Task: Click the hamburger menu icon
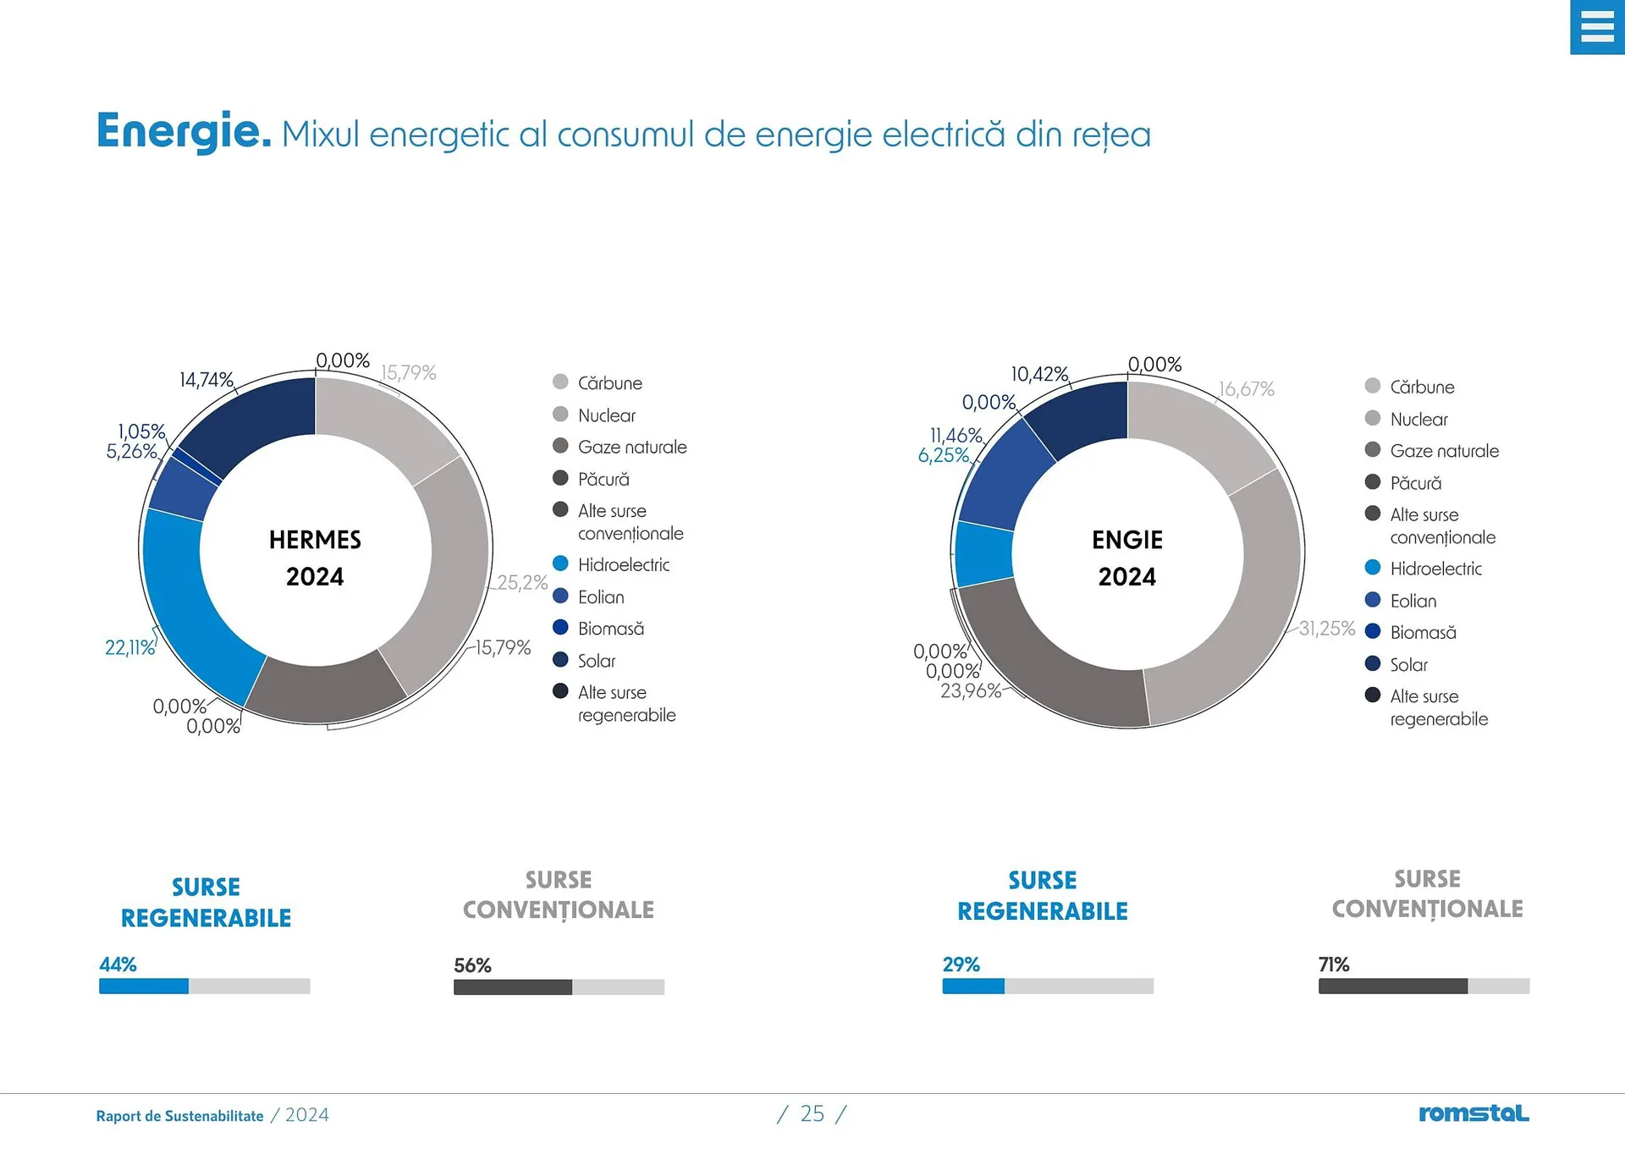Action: [1596, 27]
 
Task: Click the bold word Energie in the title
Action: [184, 132]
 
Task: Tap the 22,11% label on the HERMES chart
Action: [129, 648]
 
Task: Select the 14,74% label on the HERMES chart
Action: [206, 380]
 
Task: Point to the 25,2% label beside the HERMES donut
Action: [521, 583]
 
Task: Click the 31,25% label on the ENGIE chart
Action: [1326, 629]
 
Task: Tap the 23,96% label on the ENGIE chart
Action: [970, 691]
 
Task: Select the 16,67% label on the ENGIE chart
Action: [1246, 389]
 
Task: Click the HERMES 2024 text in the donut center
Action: [315, 558]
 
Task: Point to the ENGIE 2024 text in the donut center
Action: [1126, 558]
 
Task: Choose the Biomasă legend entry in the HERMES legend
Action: [609, 629]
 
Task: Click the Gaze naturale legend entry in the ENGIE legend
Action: [1443, 451]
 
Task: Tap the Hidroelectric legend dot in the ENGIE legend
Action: [1373, 568]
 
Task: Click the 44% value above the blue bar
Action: [118, 965]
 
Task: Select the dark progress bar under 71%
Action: [1392, 987]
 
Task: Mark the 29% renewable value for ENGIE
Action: [961, 965]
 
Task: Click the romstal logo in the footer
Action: [1474, 1113]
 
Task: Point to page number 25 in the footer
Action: [812, 1114]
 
